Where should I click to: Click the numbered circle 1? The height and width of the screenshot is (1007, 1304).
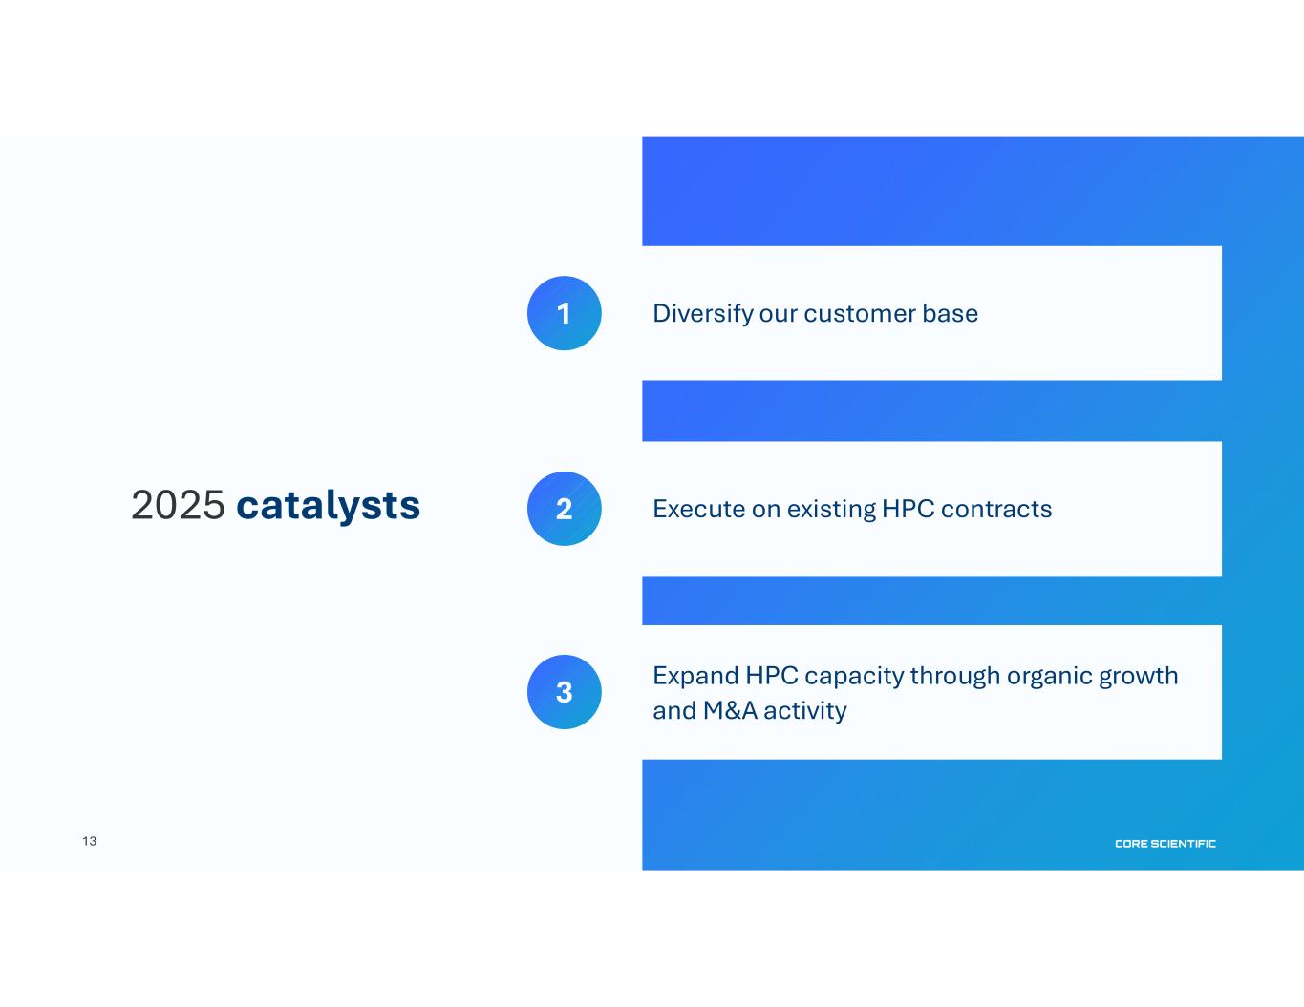pyautogui.click(x=564, y=313)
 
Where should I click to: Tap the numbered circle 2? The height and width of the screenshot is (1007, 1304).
pyautogui.click(x=564, y=509)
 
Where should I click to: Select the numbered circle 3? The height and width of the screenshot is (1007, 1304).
pyautogui.click(x=564, y=692)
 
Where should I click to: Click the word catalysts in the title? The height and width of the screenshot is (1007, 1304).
pyautogui.click(x=329, y=505)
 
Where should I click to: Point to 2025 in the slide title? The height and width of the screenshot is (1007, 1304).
pyautogui.click(x=179, y=505)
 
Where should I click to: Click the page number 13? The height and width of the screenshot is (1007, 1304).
pyautogui.click(x=90, y=841)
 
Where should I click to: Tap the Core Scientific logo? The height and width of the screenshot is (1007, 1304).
pyautogui.click(x=1165, y=844)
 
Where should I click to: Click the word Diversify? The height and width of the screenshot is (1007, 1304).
pyautogui.click(x=703, y=314)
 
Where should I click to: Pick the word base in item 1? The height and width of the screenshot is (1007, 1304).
pyautogui.click(x=951, y=313)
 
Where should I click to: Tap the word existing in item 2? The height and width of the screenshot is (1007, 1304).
pyautogui.click(x=832, y=510)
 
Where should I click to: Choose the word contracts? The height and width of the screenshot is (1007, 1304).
pyautogui.click(x=996, y=510)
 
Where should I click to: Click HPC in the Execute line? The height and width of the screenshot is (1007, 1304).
pyautogui.click(x=909, y=509)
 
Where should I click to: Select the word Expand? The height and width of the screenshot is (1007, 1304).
pyautogui.click(x=696, y=676)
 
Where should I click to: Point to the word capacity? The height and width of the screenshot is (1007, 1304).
pyautogui.click(x=854, y=677)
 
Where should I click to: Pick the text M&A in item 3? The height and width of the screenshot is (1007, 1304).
pyautogui.click(x=730, y=711)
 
